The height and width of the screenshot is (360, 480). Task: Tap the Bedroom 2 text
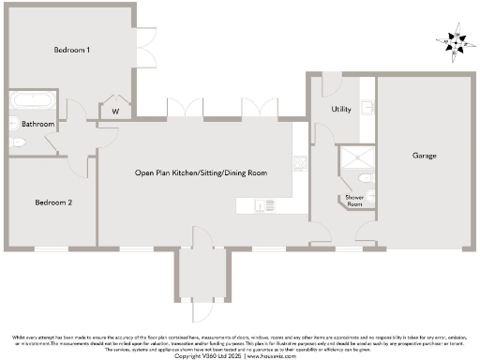(x=53, y=202)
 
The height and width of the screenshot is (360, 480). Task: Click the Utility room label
(x=341, y=110)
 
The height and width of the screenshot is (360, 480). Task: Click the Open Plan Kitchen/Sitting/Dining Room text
(x=201, y=173)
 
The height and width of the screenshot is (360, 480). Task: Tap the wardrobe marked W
(x=115, y=111)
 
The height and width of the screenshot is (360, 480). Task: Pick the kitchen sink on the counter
(x=269, y=205)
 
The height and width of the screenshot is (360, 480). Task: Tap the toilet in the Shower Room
(x=366, y=177)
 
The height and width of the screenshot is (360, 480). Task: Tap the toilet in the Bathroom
(x=19, y=142)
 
